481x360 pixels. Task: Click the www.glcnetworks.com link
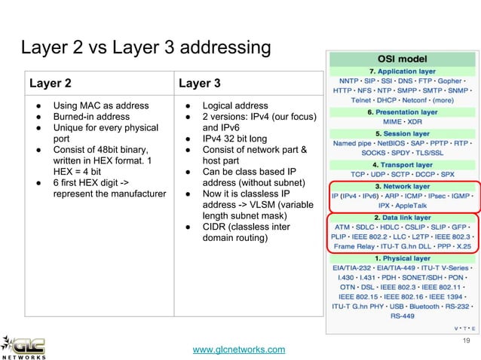240,349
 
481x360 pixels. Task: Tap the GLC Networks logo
24,346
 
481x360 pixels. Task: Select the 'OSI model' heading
402,57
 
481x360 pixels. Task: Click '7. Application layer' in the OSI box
402,69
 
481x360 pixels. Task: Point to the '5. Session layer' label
402,133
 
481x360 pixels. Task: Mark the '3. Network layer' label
402,186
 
